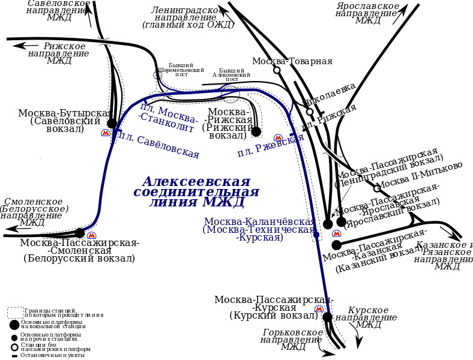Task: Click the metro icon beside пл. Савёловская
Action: [106, 133]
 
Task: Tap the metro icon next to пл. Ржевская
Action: [278, 138]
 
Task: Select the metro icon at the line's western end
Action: [91, 235]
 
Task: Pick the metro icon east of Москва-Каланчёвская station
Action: [336, 233]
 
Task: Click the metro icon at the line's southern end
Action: [319, 308]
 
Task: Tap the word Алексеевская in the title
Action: [196, 181]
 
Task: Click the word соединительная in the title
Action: [196, 192]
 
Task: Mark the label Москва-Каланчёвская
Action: [259, 221]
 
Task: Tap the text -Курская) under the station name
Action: [259, 238]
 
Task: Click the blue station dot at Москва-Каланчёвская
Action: [316, 235]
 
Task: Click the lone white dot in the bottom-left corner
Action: [14, 347]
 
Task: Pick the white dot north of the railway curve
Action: [277, 70]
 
